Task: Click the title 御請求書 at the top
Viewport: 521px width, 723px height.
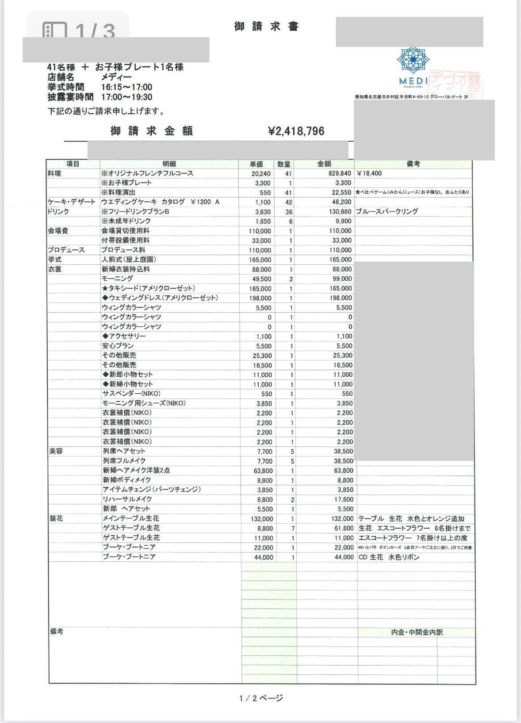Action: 266,27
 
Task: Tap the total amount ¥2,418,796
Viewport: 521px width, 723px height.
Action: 296,131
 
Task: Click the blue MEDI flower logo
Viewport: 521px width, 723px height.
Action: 413,61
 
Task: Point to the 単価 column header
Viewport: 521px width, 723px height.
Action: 257,164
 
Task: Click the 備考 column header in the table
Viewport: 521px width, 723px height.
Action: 413,164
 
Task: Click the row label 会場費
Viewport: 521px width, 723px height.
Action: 58,231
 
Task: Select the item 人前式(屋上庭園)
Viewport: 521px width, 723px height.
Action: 129,260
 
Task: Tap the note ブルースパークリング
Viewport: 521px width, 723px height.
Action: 387,212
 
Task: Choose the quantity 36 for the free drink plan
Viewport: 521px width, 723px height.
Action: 288,212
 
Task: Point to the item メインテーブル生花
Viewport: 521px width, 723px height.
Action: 131,518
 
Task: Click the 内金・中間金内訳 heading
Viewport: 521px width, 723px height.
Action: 417,632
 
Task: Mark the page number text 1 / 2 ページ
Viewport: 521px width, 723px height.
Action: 261,698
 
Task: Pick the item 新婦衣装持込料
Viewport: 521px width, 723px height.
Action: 126,269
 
